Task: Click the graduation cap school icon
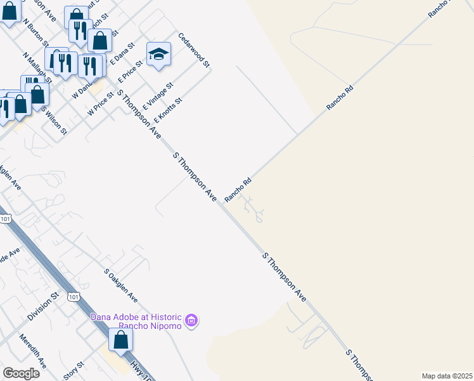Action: pyautogui.click(x=159, y=55)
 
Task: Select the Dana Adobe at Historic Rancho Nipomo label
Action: pyautogui.click(x=137, y=321)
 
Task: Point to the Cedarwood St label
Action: pyautogui.click(x=194, y=51)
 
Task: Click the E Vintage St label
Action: pyautogui.click(x=158, y=96)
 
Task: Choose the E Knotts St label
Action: pyautogui.click(x=168, y=110)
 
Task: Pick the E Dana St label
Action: pyautogui.click(x=123, y=54)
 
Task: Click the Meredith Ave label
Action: pyautogui.click(x=33, y=351)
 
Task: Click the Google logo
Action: pyautogui.click(x=21, y=373)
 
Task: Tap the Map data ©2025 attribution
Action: pyautogui.click(x=447, y=376)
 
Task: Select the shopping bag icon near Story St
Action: pyautogui.click(x=120, y=340)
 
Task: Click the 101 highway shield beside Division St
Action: pyautogui.click(x=74, y=297)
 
